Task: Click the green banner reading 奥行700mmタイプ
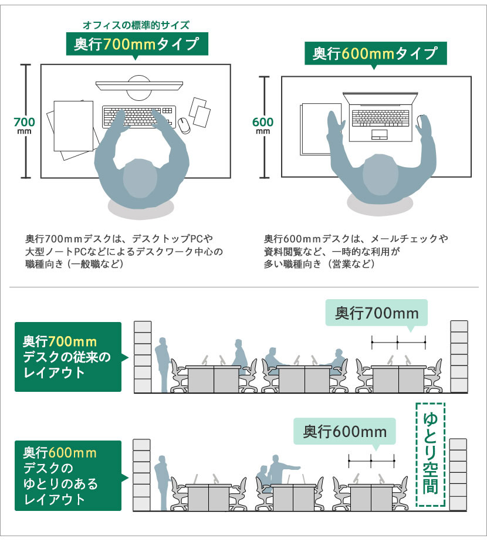tap(137, 44)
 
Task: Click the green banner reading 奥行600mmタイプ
tap(376, 53)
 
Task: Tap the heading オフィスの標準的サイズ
tap(136, 25)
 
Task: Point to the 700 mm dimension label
tap(24, 125)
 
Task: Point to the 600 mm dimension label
tap(263, 125)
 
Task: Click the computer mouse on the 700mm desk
tap(184, 125)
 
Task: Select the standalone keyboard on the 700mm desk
tap(139, 117)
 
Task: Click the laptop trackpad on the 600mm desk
tap(380, 134)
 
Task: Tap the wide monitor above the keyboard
tap(140, 86)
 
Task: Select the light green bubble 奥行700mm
tap(377, 313)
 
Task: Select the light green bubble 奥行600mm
tap(344, 431)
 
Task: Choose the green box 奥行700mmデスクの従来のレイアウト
tap(68, 357)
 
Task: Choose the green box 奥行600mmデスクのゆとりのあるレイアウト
tap(68, 476)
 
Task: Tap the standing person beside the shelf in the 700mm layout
tap(161, 365)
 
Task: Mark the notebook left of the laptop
tap(320, 129)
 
